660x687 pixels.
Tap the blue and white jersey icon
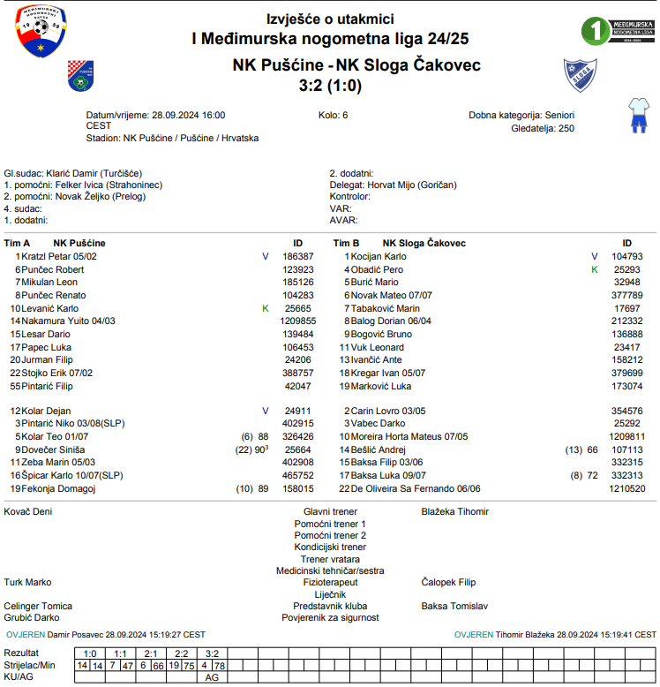(637, 115)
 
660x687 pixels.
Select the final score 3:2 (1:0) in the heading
(331, 86)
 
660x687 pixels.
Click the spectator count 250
(566, 128)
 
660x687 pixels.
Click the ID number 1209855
(298, 321)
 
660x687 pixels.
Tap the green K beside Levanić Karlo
(266, 308)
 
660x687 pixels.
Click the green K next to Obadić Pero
(595, 268)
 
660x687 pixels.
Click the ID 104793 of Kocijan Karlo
(626, 256)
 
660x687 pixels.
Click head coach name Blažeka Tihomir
(454, 511)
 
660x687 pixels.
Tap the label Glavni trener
(330, 511)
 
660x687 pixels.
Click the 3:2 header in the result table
(212, 653)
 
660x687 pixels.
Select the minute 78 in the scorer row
(219, 665)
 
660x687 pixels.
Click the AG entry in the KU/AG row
(212, 676)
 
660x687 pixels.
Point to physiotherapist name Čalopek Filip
(448, 583)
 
